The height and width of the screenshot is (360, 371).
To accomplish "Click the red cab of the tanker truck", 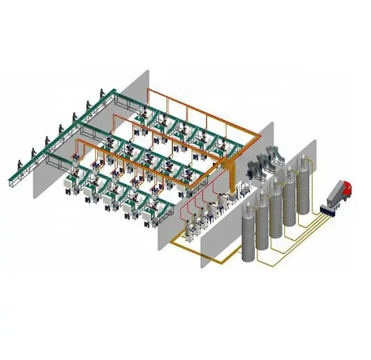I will click(x=347, y=189).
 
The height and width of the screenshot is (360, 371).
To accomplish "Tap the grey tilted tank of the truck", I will click(x=333, y=195).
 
